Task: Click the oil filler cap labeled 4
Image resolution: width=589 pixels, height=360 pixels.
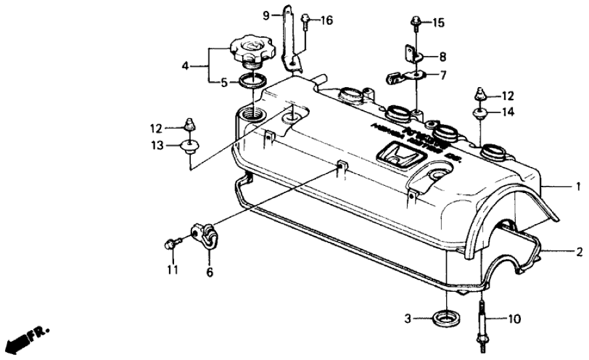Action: tap(252, 50)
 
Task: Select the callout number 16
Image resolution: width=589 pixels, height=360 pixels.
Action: tap(326, 21)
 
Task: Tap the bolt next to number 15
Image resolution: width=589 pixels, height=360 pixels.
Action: tap(414, 24)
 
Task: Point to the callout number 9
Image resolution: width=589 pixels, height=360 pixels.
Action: tap(266, 14)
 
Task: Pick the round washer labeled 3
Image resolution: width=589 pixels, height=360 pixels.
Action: tap(445, 319)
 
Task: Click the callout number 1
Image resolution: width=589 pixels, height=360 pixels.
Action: tap(576, 186)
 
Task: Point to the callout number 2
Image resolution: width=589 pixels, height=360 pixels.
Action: tap(576, 250)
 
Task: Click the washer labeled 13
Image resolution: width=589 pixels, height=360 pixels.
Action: tap(189, 145)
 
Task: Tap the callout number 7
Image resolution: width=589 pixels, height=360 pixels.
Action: tap(444, 75)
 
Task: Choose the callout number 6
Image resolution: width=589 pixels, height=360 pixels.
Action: tap(209, 273)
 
